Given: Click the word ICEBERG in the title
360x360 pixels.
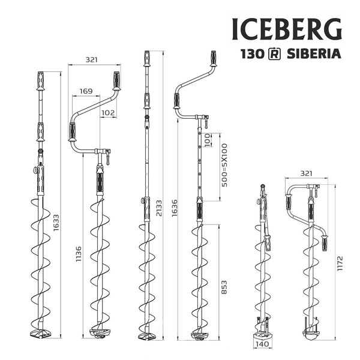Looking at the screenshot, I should tap(287, 28).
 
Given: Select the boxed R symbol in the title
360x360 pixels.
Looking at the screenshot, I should tap(274, 53).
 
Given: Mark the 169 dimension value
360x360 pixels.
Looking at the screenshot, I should tap(86, 92).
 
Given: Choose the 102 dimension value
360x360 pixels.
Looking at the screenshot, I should tap(108, 112).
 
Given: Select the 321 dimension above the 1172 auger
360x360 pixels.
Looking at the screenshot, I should tap(307, 173).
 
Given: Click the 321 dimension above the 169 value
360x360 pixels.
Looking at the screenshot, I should tap(91, 60).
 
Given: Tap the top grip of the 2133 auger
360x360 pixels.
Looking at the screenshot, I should tap(147, 59).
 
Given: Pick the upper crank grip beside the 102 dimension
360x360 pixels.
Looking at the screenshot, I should tap(116, 80).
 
